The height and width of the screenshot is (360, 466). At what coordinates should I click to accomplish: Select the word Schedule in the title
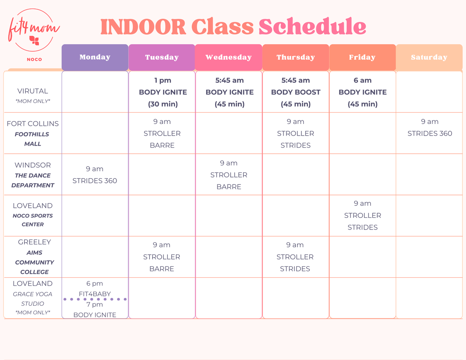tap(312, 27)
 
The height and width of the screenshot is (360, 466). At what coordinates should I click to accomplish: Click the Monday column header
tap(95, 57)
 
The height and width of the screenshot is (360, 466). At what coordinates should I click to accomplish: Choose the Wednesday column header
tap(228, 57)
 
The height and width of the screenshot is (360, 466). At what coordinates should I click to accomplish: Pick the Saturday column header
tap(429, 57)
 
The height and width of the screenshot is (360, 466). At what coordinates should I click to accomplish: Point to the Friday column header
tap(362, 57)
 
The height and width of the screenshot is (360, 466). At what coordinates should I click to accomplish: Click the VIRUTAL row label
tap(33, 91)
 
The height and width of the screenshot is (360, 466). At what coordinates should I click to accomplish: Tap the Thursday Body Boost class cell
tap(296, 92)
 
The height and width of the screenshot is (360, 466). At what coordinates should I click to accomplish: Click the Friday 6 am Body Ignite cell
tap(362, 92)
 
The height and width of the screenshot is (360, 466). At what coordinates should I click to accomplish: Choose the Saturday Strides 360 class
tap(429, 128)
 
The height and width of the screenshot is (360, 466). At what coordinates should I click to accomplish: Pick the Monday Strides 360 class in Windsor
tap(95, 175)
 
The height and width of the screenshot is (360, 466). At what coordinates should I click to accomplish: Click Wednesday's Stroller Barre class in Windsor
tap(229, 175)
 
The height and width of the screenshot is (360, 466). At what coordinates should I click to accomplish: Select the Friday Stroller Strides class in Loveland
tap(362, 215)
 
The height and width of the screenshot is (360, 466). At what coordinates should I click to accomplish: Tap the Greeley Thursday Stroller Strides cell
tap(295, 257)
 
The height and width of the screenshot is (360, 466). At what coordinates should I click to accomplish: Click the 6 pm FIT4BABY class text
tap(95, 289)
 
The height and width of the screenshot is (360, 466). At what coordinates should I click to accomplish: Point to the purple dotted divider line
tap(95, 299)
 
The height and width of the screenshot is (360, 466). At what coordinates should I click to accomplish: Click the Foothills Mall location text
tap(32, 139)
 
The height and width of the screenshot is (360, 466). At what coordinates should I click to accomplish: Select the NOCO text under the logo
tap(34, 59)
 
